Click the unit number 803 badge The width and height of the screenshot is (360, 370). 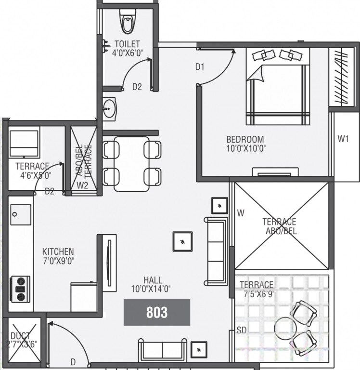pos(157,312)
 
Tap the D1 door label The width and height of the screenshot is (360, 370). pos(200,67)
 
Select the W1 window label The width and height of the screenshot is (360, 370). pos(343,139)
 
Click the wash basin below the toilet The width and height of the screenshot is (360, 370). pos(110,108)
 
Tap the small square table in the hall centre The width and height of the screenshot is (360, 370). pos(183,241)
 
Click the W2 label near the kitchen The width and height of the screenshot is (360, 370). pos(82,185)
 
